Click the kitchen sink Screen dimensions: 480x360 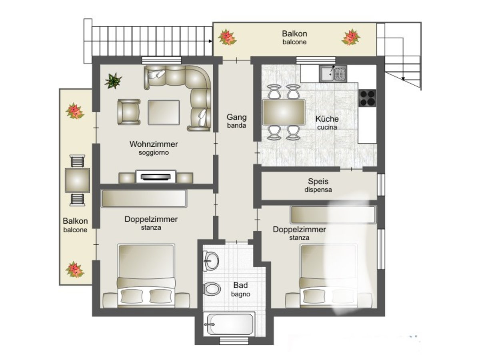333,74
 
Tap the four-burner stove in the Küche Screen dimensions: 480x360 367,98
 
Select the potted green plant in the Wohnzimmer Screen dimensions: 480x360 113,81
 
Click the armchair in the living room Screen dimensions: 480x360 129,112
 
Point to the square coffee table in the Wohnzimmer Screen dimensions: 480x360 164,112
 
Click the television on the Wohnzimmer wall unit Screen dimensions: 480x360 156,176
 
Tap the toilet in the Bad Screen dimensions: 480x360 212,288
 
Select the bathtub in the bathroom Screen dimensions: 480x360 229,324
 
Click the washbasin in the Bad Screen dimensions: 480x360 211,260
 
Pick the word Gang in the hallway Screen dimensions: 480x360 236,117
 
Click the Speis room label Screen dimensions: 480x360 318,181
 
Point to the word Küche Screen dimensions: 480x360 327,119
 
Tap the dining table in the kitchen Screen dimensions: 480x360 284,112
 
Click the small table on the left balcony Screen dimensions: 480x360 77,180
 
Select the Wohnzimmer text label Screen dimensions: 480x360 154,144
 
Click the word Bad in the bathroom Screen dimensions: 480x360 240,285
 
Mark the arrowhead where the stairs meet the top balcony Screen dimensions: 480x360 210,41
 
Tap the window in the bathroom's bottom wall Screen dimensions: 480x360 234,341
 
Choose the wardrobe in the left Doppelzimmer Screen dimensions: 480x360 144,198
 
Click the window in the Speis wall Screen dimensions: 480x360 381,185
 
